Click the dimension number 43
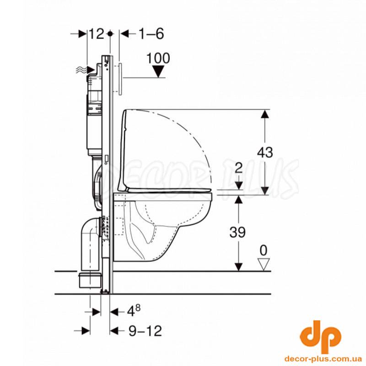[265, 153]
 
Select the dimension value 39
[237, 232]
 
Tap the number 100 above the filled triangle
[158, 58]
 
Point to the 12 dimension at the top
[96, 34]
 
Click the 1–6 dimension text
[151, 34]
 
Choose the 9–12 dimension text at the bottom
[145, 331]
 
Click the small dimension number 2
[238, 167]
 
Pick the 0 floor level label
[264, 251]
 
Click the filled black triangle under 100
[158, 71]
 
